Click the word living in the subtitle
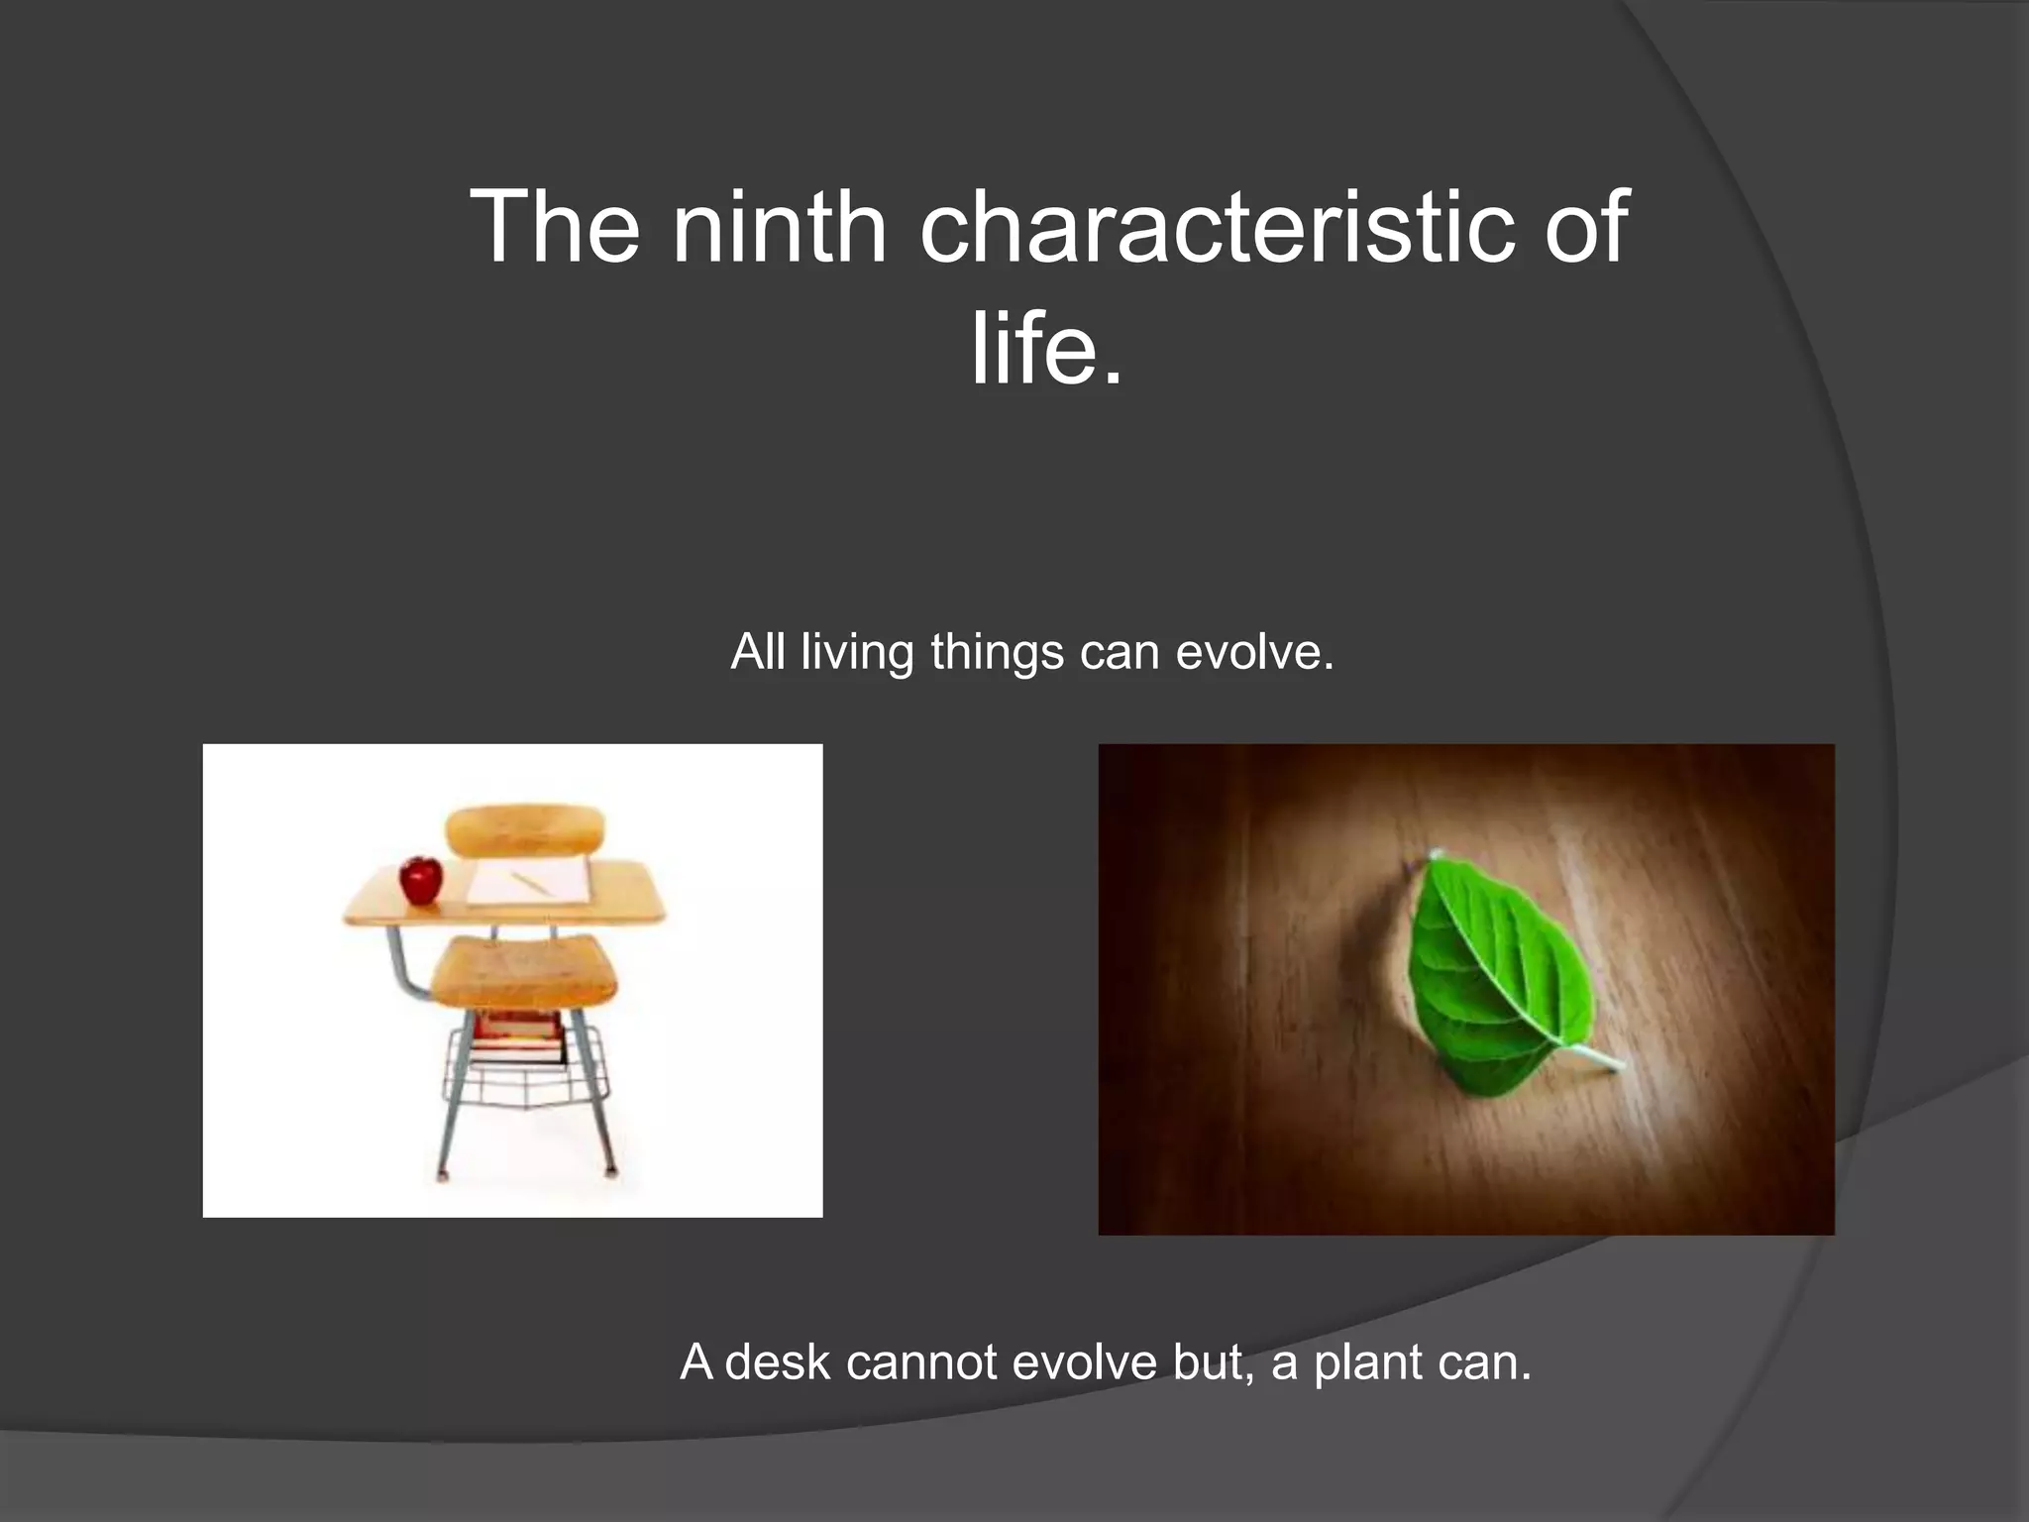(857, 653)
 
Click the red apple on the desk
(421, 880)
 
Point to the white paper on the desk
(528, 881)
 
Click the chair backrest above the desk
(525, 830)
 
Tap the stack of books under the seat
(517, 1036)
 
